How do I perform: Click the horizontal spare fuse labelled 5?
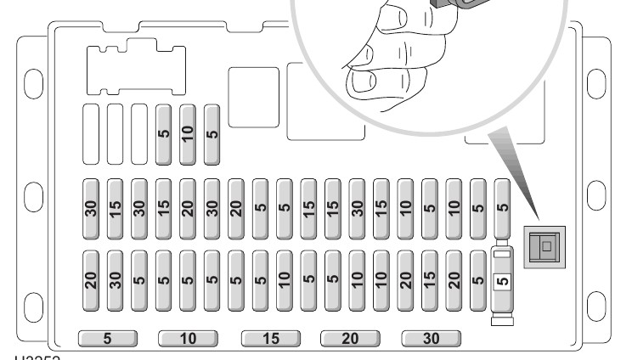tap(107, 338)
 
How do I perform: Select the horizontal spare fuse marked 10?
tap(188, 338)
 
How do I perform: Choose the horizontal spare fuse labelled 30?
tap(432, 338)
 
